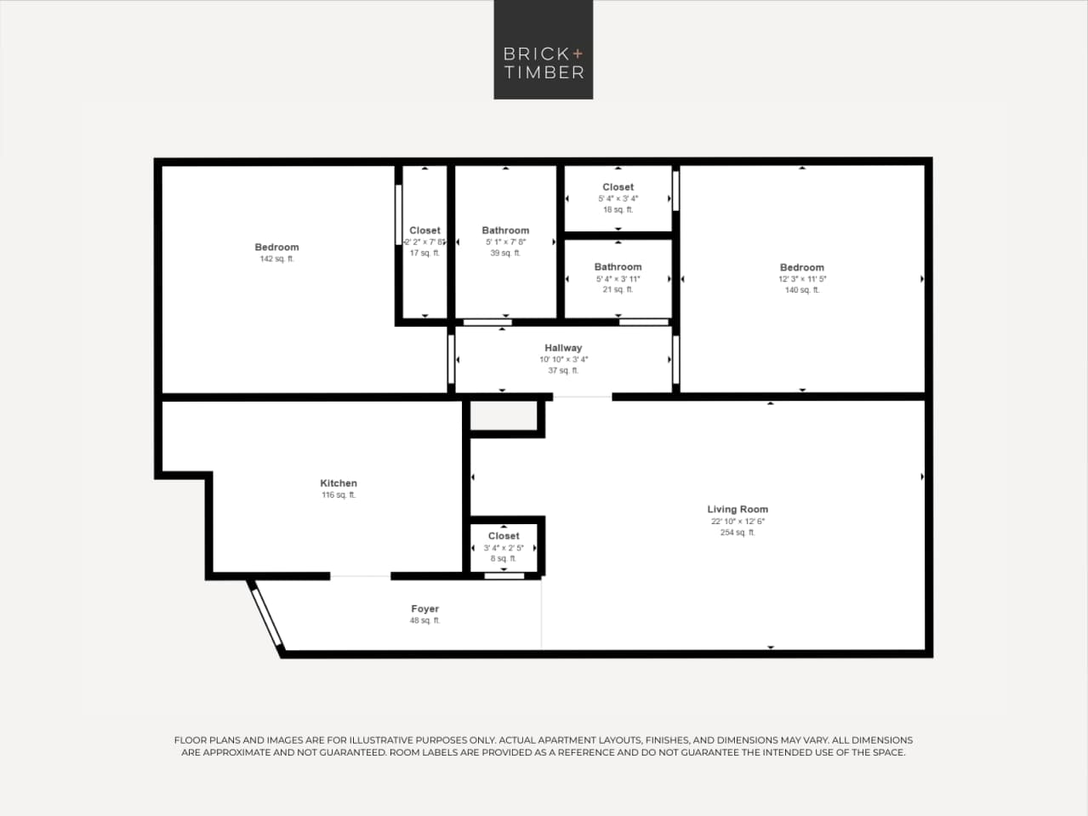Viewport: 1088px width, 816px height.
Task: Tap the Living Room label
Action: (738, 509)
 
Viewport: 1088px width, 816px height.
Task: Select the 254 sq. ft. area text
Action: (738, 533)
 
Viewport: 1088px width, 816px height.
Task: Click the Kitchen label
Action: (339, 483)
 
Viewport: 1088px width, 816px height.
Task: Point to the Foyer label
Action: (424, 608)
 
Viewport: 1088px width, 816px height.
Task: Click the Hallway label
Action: (563, 347)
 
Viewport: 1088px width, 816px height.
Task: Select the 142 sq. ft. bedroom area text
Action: (276, 259)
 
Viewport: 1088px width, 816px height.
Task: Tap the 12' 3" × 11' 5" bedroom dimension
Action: (802, 279)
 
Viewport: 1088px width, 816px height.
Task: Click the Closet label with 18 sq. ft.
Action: (618, 187)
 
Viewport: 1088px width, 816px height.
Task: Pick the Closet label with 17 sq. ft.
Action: (424, 231)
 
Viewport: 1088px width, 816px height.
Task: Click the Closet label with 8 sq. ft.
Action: (504, 536)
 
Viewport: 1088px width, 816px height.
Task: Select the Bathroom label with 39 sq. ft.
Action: (505, 231)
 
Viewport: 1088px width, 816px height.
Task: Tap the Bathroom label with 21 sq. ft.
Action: (618, 267)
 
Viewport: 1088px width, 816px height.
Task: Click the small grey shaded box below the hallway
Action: (504, 417)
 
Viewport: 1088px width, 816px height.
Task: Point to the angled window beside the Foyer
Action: (267, 618)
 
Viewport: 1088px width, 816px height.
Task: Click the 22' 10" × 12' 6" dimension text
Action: (738, 522)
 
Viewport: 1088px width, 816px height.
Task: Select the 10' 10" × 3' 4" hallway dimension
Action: (563, 359)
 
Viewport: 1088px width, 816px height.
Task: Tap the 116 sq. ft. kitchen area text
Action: (339, 495)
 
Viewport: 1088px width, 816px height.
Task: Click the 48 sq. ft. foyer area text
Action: (424, 621)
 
